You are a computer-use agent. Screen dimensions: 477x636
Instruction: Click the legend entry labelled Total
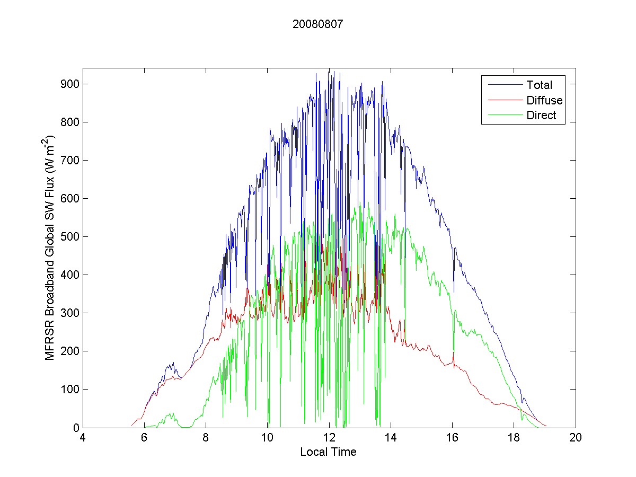tap(539, 85)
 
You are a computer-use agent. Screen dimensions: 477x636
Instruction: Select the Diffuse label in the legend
tap(544, 100)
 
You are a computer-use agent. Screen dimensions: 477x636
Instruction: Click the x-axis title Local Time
tap(328, 452)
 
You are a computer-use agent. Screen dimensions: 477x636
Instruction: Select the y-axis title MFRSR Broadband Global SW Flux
tap(50, 248)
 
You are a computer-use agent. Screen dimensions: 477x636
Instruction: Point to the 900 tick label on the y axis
tap(70, 84)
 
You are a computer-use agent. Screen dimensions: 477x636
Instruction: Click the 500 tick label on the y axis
tap(70, 237)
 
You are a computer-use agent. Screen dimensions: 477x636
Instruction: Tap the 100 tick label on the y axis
tap(70, 390)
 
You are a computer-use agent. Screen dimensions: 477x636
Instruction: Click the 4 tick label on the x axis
tap(83, 438)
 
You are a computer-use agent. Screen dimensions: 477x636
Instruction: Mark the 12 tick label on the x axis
tap(329, 438)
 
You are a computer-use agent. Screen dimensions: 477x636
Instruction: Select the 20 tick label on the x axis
tap(576, 438)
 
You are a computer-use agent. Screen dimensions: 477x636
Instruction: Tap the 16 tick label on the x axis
tap(453, 438)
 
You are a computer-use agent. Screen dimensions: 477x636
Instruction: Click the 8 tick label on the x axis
tap(206, 438)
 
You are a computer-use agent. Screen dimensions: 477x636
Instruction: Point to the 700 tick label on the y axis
tap(70, 161)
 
